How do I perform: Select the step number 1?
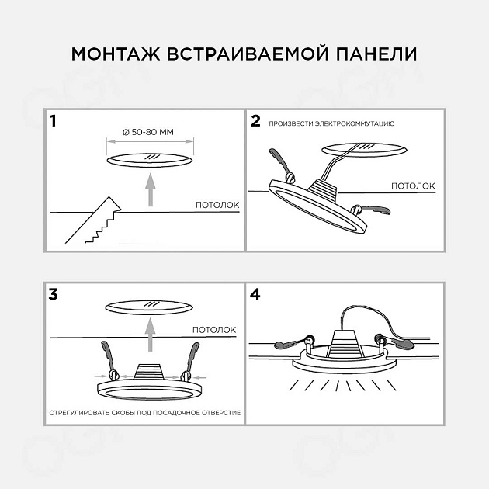pyautogui.click(x=53, y=121)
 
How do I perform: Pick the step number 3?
pyautogui.click(x=54, y=294)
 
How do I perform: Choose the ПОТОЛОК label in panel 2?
pyautogui.click(x=412, y=186)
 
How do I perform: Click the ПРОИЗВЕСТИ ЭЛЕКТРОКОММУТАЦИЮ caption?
pyautogui.click(x=332, y=123)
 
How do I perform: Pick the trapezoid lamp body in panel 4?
pyautogui.click(x=341, y=344)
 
